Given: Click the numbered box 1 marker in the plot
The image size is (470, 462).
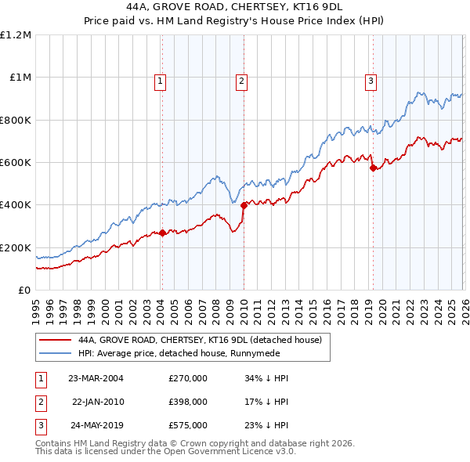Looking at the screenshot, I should coord(161,80).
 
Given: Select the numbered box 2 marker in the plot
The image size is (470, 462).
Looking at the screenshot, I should coord(242,80).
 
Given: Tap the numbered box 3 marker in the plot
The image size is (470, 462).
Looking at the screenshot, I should coord(371,80).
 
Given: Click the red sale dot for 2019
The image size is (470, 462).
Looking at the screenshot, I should coord(373,168).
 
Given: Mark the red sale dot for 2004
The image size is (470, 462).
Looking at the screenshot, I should coord(162,233).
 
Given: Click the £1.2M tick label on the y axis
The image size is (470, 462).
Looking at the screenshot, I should coord(16,35).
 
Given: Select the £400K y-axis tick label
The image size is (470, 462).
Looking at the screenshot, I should coord(16,205).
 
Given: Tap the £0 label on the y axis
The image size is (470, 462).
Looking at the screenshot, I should coord(25,290).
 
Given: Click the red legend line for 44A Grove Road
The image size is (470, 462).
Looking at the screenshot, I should coord(56,341).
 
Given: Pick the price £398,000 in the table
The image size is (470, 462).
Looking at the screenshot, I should coord(188,402).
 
